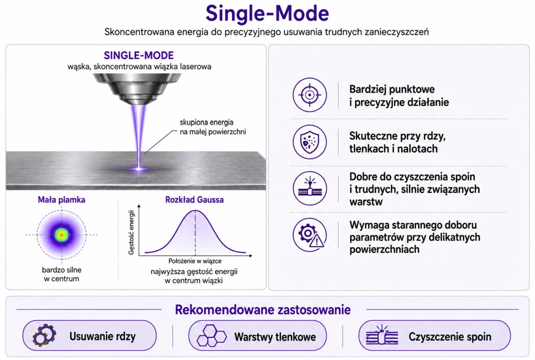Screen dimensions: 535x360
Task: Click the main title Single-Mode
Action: click(267, 14)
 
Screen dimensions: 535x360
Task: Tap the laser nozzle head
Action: click(137, 89)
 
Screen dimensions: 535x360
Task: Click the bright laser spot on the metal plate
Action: click(139, 169)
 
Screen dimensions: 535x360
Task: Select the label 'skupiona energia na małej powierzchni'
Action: click(213, 127)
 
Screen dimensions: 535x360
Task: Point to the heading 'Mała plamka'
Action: click(62, 200)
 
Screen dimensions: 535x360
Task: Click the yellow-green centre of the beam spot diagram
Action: click(62, 235)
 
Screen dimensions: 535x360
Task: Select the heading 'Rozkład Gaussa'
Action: click(194, 200)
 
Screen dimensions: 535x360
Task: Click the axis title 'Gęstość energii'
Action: click(131, 232)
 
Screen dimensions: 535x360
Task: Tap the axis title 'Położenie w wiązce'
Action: click(195, 261)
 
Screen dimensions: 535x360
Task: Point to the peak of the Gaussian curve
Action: click(195, 210)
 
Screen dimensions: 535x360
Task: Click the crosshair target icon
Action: click(309, 95)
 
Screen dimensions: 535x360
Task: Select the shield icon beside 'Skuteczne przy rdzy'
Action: click(309, 142)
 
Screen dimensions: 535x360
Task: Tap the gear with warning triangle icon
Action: click(309, 235)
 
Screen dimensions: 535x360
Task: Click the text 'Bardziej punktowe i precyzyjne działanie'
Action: click(399, 96)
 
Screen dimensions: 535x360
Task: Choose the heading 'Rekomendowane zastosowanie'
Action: click(263, 310)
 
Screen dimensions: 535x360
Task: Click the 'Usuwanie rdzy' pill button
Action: click(90, 335)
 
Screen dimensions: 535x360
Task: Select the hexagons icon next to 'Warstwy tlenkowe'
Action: click(211, 335)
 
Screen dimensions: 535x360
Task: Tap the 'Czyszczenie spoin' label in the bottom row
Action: click(450, 336)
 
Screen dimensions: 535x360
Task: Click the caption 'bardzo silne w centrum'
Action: click(62, 274)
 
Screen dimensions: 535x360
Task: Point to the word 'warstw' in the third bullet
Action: click(366, 202)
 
